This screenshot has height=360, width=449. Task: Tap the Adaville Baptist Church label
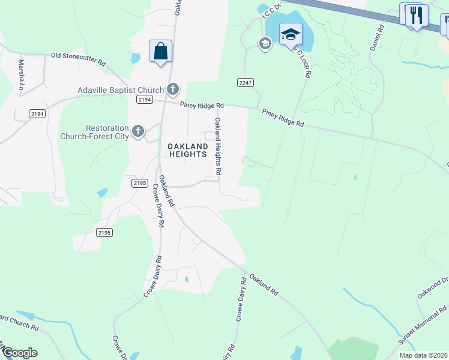[x=121, y=91]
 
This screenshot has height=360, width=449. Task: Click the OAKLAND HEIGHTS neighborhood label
[x=187, y=150]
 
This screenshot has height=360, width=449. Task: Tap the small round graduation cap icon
[x=264, y=43]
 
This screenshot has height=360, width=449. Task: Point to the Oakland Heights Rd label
[x=218, y=146]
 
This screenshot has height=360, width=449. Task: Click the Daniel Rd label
[x=377, y=38]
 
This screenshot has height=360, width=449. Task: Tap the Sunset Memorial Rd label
[x=423, y=326]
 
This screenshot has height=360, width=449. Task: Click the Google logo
[x=19, y=352]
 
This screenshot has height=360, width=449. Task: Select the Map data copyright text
[x=423, y=355]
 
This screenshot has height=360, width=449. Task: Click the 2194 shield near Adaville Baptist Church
[x=143, y=99]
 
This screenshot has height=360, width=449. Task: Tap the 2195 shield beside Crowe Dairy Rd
[x=139, y=182]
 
